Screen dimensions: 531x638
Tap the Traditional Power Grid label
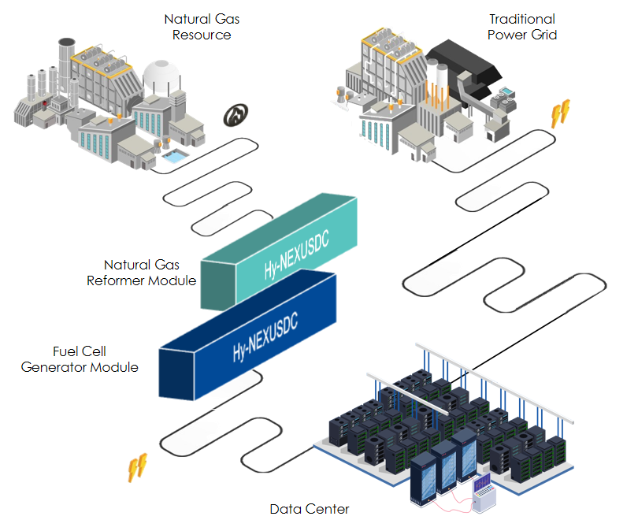tap(521, 26)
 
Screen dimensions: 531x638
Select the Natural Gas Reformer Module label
tap(142, 272)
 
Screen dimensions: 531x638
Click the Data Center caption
tap(310, 509)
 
